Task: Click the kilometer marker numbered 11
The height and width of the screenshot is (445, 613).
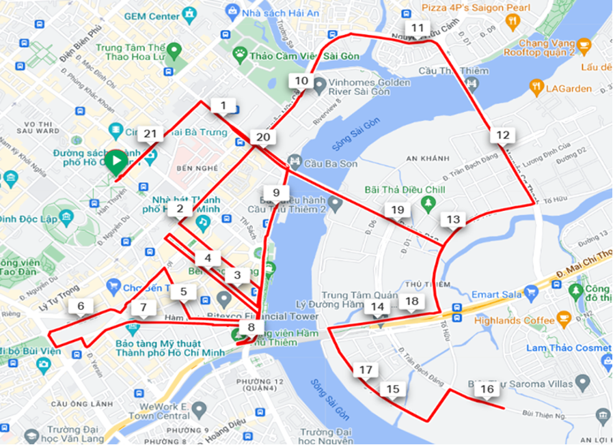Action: click(418, 29)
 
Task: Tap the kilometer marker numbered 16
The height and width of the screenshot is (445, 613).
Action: click(487, 390)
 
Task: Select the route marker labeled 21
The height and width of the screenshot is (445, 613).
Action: click(151, 134)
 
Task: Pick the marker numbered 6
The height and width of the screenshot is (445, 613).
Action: click(81, 306)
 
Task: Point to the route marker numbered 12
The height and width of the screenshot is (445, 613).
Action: click(502, 135)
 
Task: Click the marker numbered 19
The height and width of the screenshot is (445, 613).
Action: click(395, 210)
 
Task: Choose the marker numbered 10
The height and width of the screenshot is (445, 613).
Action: click(301, 81)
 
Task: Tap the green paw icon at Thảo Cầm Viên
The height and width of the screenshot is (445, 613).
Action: click(240, 53)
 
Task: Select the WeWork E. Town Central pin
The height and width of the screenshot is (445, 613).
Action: click(199, 410)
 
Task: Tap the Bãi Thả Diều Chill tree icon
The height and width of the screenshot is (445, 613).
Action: click(428, 203)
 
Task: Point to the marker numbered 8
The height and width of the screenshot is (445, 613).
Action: click(251, 328)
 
